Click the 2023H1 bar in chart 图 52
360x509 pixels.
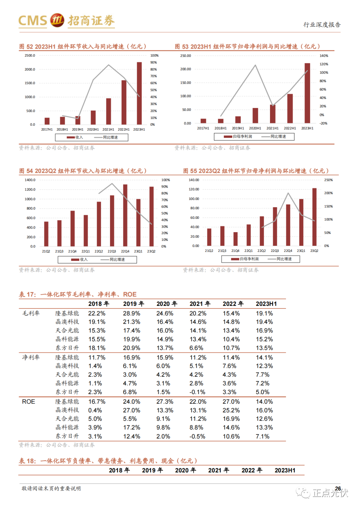[139, 93]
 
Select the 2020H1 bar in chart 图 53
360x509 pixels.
[255, 116]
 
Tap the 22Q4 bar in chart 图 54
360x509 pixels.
[125, 216]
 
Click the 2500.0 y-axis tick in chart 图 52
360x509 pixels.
[30, 56]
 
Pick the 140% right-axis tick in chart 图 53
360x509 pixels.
[324, 56]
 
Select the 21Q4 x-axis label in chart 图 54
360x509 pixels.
[72, 252]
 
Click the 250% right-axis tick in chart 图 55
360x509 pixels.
[328, 180]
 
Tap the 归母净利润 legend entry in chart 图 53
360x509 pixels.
[238, 137]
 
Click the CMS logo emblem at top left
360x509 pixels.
[57, 20]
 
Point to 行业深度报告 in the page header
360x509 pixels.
[322, 25]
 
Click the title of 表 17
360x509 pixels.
[78, 294]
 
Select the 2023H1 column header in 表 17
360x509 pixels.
[266, 304]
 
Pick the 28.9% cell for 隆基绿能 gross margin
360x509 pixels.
[131, 313]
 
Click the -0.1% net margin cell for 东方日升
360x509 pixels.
[197, 392]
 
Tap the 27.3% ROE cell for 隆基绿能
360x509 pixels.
[165, 402]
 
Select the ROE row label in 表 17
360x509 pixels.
[28, 402]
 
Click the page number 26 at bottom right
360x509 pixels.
[338, 489]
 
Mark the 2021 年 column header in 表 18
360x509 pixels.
[218, 470]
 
